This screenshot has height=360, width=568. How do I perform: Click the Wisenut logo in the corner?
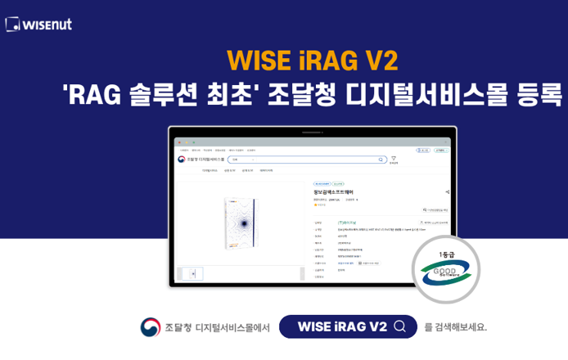(x=38, y=24)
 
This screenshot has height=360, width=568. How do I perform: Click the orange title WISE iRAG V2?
(x=313, y=61)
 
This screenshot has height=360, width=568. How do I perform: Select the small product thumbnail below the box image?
(x=193, y=273)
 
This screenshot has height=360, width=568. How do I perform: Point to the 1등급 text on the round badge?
(x=446, y=254)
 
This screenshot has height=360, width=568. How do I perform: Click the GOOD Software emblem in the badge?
(x=446, y=272)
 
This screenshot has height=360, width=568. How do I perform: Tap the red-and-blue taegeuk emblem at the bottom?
(x=151, y=326)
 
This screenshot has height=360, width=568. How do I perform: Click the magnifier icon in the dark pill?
(x=400, y=326)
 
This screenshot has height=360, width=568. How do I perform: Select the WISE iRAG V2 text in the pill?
(x=341, y=326)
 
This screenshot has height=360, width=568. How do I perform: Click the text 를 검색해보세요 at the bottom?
(x=455, y=326)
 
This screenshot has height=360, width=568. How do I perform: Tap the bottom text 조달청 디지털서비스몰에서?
(x=217, y=327)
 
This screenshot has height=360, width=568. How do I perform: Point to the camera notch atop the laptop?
(x=313, y=131)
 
